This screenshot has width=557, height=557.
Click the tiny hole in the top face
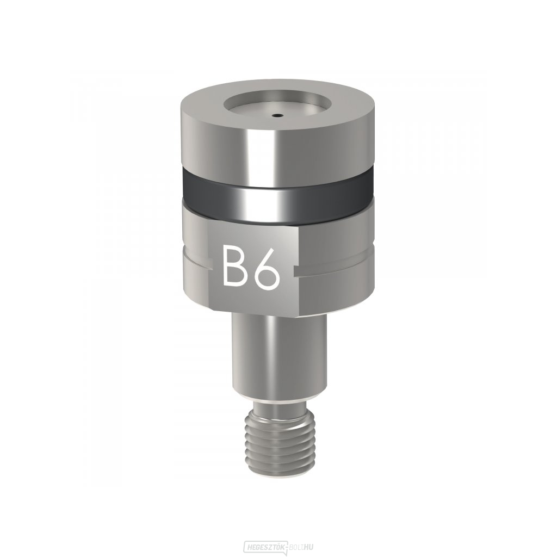click(276, 115)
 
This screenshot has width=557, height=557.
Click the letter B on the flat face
click(233, 264)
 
